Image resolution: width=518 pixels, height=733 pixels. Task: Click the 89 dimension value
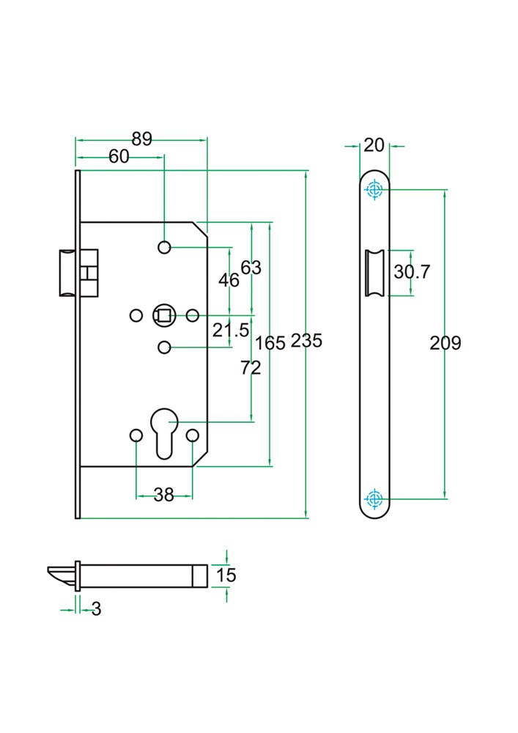tap(142, 139)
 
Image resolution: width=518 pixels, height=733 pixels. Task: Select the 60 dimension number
tap(119, 157)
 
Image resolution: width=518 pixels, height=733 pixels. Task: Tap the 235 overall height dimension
tap(306, 340)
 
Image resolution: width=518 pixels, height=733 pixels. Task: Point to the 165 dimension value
tap(270, 343)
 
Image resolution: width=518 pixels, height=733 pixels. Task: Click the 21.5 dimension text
tap(231, 330)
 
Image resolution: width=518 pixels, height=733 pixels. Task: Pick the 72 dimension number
tap(251, 368)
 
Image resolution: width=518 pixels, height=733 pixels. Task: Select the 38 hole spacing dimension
tap(164, 495)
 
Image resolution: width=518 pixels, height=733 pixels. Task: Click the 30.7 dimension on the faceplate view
tap(412, 271)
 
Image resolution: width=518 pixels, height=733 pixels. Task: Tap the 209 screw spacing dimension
tap(445, 343)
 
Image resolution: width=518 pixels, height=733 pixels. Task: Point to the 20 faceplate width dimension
tap(374, 145)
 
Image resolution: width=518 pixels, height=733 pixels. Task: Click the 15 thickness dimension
tap(226, 575)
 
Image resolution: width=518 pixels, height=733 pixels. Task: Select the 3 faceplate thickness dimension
tap(96, 608)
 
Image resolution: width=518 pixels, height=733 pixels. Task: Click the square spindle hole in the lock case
tap(164, 316)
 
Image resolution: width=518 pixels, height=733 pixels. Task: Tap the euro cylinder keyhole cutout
tap(164, 433)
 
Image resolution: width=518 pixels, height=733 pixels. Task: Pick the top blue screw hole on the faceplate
tap(374, 190)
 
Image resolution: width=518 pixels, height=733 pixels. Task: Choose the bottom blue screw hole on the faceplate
tap(374, 498)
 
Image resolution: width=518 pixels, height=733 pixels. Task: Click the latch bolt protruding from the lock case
tap(67, 273)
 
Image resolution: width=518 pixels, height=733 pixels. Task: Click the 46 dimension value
tap(229, 281)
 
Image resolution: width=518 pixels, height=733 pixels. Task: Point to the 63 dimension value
tap(251, 268)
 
